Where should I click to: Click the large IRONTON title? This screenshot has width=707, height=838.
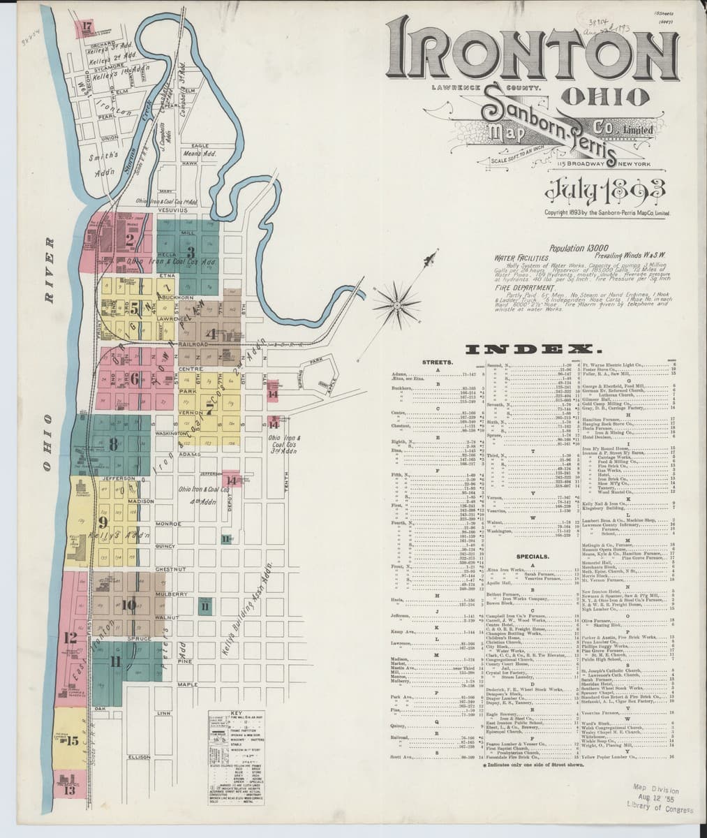coord(530,50)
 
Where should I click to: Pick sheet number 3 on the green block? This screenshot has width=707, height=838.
coord(189,252)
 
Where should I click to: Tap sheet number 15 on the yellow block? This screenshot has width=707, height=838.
coord(71,741)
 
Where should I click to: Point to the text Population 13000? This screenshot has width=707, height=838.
coord(579,248)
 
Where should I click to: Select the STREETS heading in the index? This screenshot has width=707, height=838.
coord(437,362)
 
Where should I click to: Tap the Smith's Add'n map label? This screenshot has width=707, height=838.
coord(103,163)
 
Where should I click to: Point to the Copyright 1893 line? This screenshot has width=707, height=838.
coord(606,212)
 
